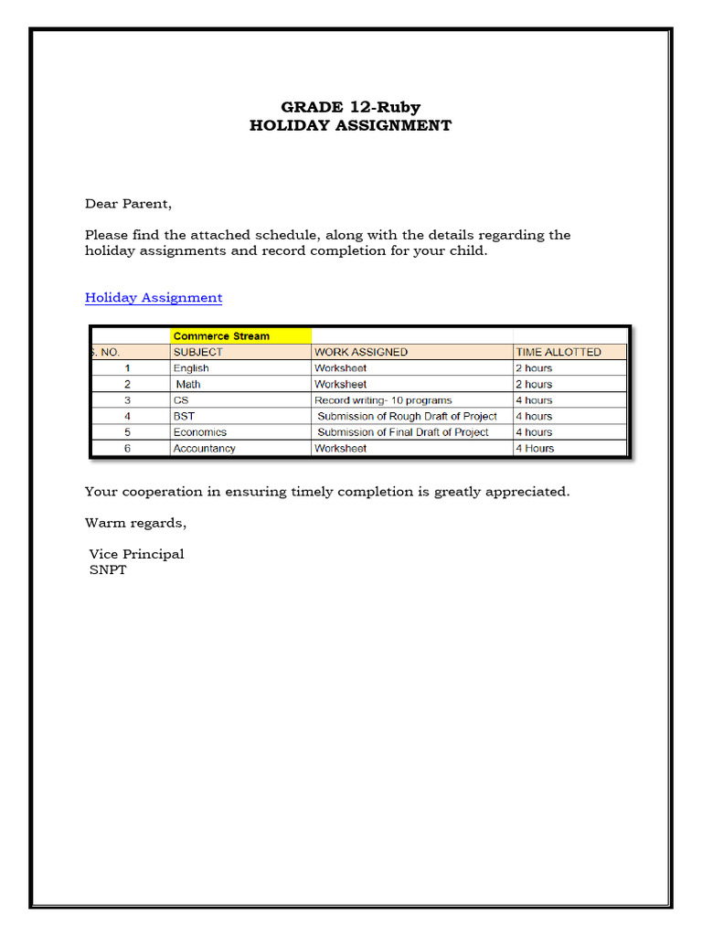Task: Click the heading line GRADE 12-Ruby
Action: coord(350,107)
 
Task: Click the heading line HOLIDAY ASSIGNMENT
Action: coord(350,125)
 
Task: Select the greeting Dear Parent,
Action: coord(128,204)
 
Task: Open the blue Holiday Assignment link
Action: coord(154,297)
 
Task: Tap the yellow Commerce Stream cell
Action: coord(240,335)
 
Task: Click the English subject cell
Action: coord(191,368)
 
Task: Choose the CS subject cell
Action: coord(181,400)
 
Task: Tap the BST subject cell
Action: coord(184,416)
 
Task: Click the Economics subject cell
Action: coord(200,432)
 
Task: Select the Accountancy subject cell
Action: coord(204,449)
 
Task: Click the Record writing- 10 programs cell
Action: coord(383,400)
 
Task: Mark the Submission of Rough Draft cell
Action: coord(407,416)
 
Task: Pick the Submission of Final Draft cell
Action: coord(402,432)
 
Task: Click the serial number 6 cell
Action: coord(128,449)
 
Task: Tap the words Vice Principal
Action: coord(136,554)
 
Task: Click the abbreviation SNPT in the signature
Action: coord(108,569)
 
